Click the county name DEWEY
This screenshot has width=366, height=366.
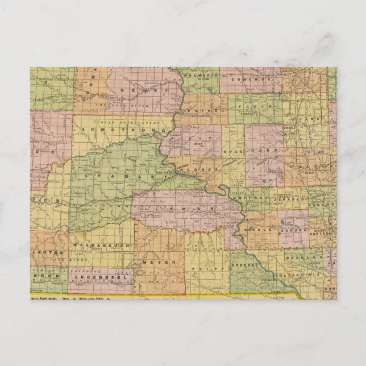point(149,90)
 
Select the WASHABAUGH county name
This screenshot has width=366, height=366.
point(94,244)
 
